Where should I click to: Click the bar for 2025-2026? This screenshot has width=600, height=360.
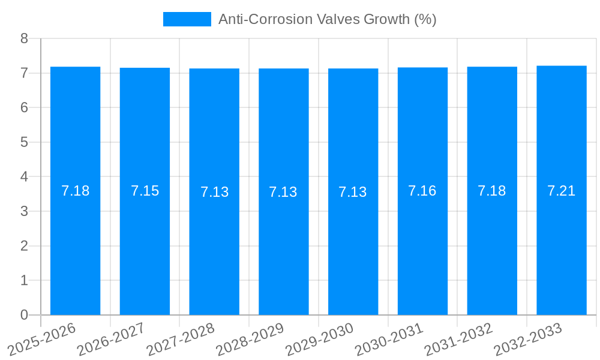tap(75, 252)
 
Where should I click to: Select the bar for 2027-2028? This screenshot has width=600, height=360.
tap(214, 252)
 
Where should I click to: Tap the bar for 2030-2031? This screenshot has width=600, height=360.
tap(422, 252)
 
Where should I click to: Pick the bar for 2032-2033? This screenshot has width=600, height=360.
tap(562, 252)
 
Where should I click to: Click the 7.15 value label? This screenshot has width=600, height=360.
tap(145, 191)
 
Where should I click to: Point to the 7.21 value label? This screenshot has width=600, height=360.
tap(562, 191)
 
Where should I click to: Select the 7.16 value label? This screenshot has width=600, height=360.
tap(422, 191)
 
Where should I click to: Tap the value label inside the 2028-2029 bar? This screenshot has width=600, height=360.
tap(283, 192)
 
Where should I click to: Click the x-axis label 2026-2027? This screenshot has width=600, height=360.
tap(111, 340)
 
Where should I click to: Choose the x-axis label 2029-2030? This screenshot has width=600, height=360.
tap(319, 340)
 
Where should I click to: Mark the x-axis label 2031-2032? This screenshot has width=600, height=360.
tap(458, 340)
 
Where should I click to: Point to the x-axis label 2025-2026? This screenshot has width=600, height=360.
tap(42, 340)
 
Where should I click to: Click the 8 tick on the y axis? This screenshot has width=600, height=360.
tap(24, 38)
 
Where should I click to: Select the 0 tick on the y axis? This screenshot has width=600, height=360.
tap(24, 315)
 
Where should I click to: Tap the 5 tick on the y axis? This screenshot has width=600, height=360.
tap(24, 142)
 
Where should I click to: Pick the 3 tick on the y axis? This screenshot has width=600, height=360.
tap(24, 211)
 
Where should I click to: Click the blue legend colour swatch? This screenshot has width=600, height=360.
tap(187, 19)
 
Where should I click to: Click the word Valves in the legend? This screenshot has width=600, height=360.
tap(337, 19)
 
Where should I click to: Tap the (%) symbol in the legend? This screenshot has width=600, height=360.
tap(425, 19)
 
